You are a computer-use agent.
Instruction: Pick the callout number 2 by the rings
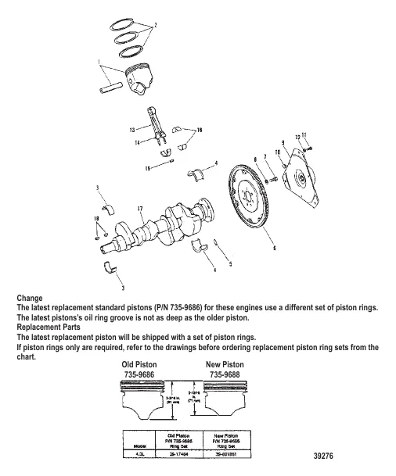click(155, 26)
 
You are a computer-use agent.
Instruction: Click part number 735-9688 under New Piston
click(229, 374)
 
